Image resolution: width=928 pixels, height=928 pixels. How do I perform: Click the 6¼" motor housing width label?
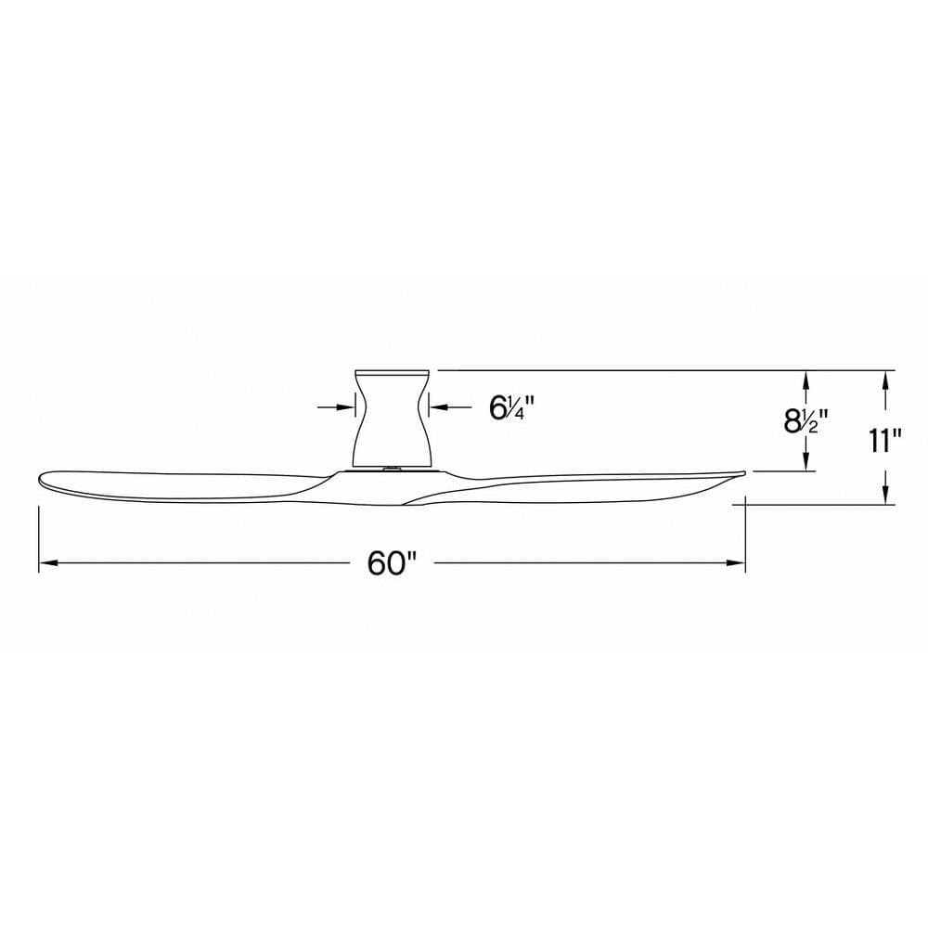(x=512, y=407)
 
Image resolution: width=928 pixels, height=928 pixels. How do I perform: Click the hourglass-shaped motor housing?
(x=393, y=420)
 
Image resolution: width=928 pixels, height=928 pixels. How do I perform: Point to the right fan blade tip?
(x=742, y=472)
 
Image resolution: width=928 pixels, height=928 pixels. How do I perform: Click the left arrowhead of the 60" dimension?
(x=48, y=563)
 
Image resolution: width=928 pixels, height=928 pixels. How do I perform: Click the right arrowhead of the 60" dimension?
(x=735, y=563)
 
